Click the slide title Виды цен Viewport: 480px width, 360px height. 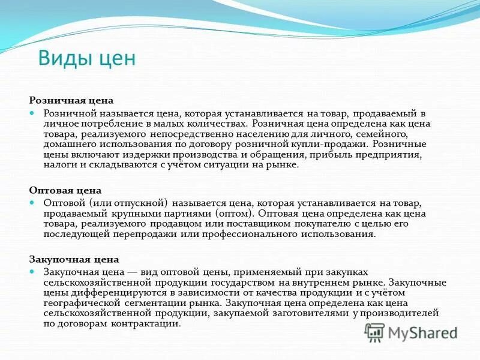[x=87, y=59]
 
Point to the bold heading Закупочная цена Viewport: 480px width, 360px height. [x=74, y=260]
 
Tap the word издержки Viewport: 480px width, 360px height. [x=167, y=154]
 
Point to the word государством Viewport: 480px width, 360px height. [x=246, y=282]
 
